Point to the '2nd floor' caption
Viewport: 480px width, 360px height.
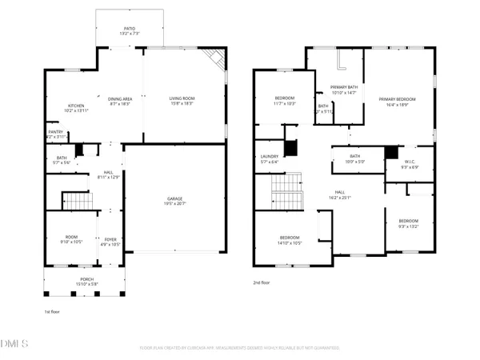click(x=262, y=282)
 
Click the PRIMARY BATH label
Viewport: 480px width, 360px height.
click(x=346, y=89)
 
